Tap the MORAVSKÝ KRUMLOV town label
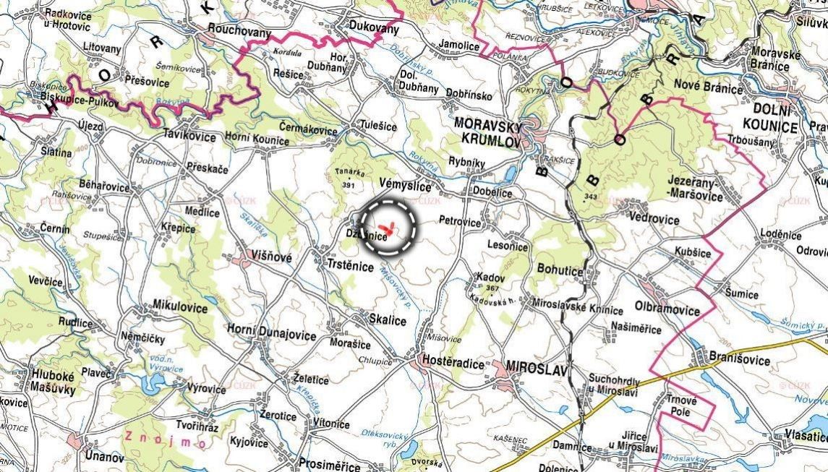487,132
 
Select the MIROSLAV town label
537,366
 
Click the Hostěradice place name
453,364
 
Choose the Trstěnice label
351,267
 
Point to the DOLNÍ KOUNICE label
769,119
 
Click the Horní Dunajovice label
271,335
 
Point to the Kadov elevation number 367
493,288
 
